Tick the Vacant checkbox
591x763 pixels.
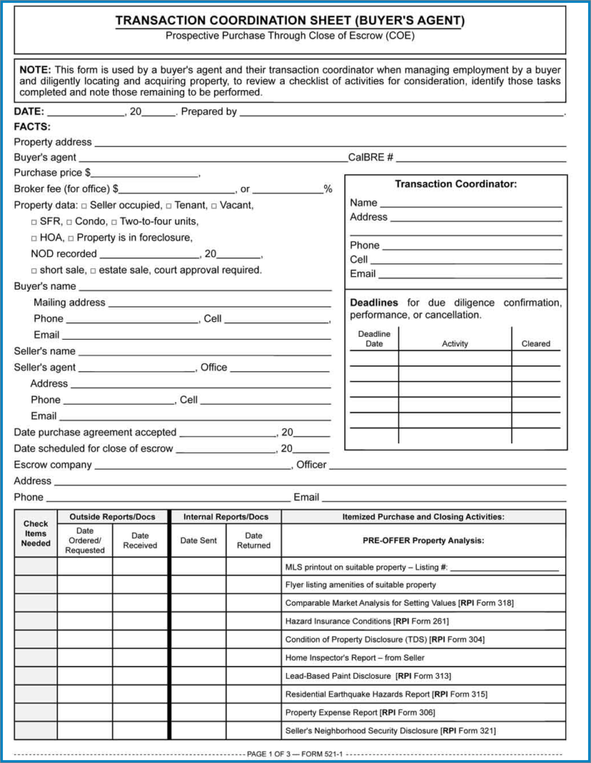click(x=214, y=206)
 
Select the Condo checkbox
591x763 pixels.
click(x=69, y=222)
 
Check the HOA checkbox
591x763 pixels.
click(x=34, y=238)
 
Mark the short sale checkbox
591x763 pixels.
click(x=34, y=270)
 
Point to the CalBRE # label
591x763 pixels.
click(x=370, y=158)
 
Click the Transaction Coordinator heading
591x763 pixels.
click(x=455, y=184)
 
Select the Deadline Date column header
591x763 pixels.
click(x=374, y=339)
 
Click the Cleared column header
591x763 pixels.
click(x=536, y=343)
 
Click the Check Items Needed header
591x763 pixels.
click(x=36, y=534)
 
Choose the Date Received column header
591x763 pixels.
click(x=140, y=540)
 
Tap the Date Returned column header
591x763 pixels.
click(x=253, y=540)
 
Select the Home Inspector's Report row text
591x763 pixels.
click(x=355, y=658)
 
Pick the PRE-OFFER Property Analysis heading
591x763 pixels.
click(x=423, y=540)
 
